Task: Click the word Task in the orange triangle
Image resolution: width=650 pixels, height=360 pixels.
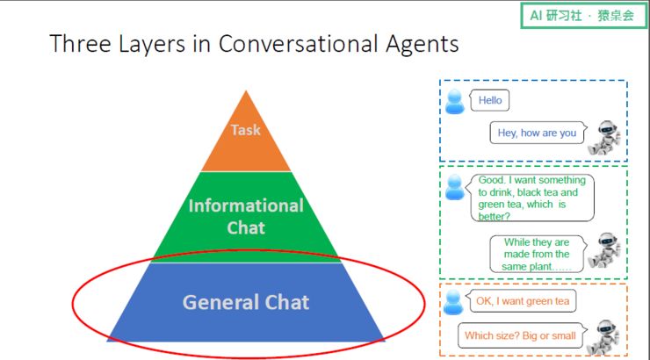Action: pos(246,130)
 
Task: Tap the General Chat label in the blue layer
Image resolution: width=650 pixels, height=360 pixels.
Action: pos(246,303)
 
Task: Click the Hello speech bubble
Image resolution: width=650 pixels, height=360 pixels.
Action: pos(490,101)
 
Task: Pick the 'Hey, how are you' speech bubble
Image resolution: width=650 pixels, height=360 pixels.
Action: pos(537,133)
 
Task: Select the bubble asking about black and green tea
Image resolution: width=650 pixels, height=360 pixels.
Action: pos(530,198)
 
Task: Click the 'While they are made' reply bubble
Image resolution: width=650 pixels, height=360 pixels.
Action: pos(536,254)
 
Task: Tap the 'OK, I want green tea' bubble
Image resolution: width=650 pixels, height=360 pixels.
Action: pos(522,302)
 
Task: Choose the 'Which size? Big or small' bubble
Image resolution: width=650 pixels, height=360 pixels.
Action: pos(520,335)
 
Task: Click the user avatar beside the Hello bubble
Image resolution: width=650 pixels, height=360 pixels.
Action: pos(454,103)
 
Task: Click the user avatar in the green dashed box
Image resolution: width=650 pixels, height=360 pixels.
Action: pos(454,187)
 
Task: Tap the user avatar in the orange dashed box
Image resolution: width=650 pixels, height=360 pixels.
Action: pos(453,303)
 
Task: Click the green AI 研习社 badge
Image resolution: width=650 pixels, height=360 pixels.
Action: pos(581,16)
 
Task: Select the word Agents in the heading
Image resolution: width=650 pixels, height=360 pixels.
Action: pos(421,44)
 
